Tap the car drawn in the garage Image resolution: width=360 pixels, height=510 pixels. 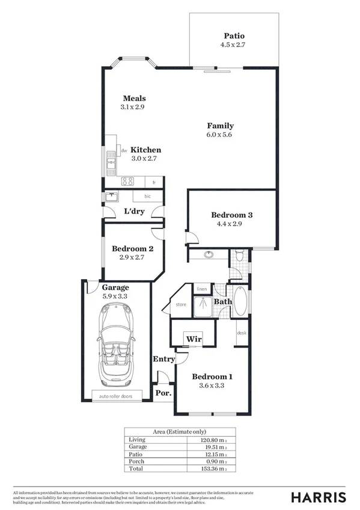117,343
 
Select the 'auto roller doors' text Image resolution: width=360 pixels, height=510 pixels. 117,396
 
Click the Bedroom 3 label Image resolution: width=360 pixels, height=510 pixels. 231,215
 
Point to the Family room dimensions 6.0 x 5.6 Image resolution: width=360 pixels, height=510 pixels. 220,135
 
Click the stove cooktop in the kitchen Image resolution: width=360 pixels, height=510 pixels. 127,181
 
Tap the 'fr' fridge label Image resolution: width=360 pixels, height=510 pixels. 154,182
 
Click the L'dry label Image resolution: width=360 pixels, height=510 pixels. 133,212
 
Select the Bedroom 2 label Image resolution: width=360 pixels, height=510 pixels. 133,248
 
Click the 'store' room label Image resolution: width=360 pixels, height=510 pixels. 181,305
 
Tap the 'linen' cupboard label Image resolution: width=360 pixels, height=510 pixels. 202,289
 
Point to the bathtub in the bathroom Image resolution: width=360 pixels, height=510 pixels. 240,301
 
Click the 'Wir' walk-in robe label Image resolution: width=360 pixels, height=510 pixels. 193,339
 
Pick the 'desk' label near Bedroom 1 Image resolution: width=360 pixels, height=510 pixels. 242,333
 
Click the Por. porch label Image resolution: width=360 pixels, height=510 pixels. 163,393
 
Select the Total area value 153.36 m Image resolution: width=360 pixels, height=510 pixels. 213,468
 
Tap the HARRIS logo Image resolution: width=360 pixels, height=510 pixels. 319,497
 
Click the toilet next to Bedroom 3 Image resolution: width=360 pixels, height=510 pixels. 239,256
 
